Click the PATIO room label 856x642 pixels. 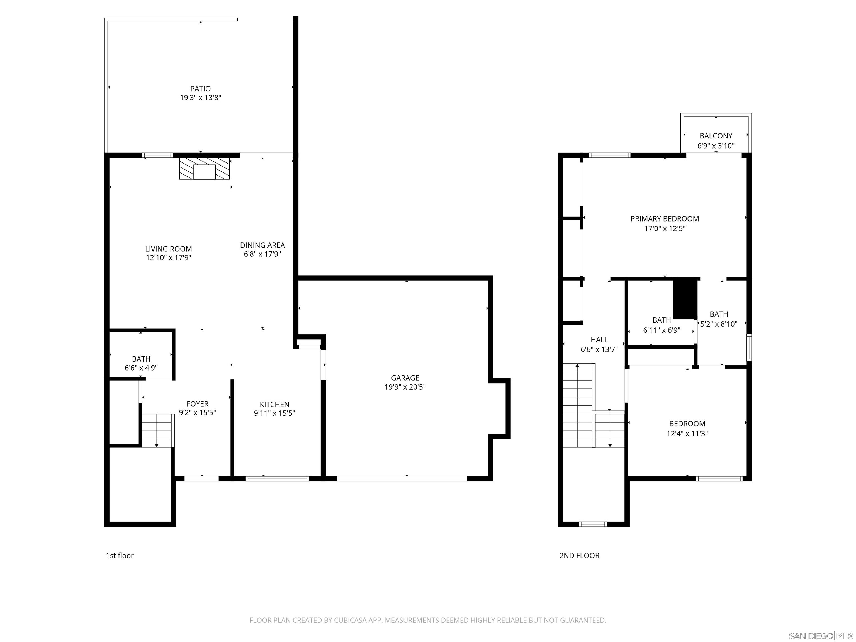tap(200, 89)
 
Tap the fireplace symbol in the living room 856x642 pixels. tap(204, 168)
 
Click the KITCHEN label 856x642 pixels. tap(274, 404)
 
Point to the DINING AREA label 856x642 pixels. tap(262, 245)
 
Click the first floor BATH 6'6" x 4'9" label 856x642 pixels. tap(141, 363)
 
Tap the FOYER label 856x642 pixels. tap(197, 404)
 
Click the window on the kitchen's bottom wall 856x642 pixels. tap(278, 479)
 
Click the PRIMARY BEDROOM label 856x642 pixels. tap(665, 219)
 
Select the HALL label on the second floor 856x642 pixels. tap(599, 340)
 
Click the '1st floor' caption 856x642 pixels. tap(120, 556)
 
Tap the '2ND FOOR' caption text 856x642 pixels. tap(579, 556)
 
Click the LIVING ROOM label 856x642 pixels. tap(168, 249)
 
